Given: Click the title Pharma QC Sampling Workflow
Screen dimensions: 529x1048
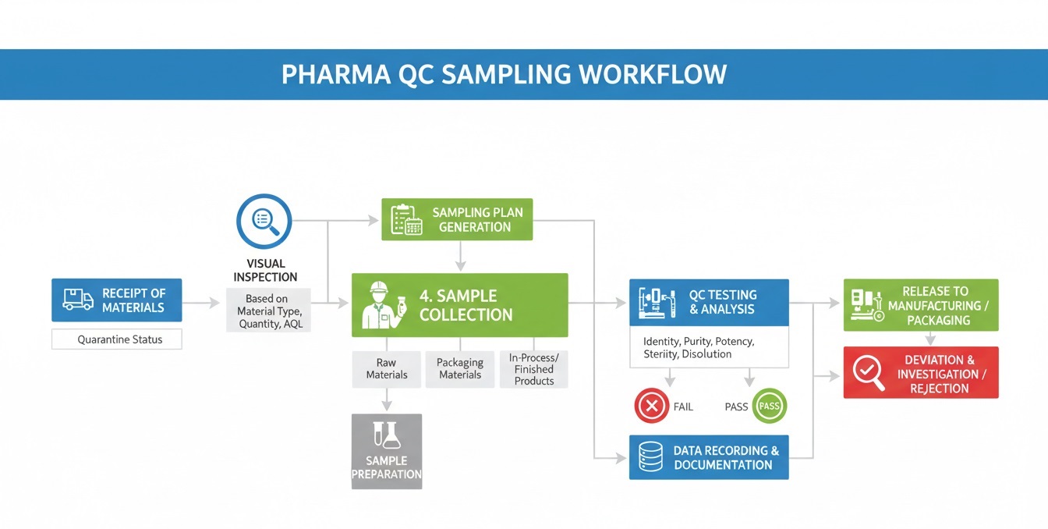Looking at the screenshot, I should pos(504,74).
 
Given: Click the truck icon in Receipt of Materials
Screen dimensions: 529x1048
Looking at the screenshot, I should pos(78,300).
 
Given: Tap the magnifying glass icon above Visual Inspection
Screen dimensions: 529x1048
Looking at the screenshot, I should pos(264,222).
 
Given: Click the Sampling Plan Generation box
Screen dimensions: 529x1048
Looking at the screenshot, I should pos(457,219).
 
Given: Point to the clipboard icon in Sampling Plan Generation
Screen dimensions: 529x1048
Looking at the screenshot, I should pos(406,219).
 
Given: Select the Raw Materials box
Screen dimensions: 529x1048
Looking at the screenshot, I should pos(386,369).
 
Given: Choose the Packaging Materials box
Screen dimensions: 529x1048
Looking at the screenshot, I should pos(460,369).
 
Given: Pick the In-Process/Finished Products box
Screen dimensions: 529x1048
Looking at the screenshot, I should pos(534,369).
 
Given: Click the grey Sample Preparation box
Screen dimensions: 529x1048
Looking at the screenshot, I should pos(387,452).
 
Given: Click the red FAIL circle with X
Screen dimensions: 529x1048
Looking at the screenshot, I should pos(652,406).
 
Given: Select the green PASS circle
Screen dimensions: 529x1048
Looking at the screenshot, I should pos(769,406).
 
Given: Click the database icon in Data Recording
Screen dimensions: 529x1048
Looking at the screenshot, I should pos(650,457).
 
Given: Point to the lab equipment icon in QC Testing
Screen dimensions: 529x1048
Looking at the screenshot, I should pos(656,303).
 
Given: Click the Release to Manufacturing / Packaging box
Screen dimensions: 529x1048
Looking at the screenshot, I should pos(921,306).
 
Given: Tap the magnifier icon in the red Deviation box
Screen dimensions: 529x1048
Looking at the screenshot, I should pos(869,372).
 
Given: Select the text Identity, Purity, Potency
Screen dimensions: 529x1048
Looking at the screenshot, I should pos(699,342).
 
